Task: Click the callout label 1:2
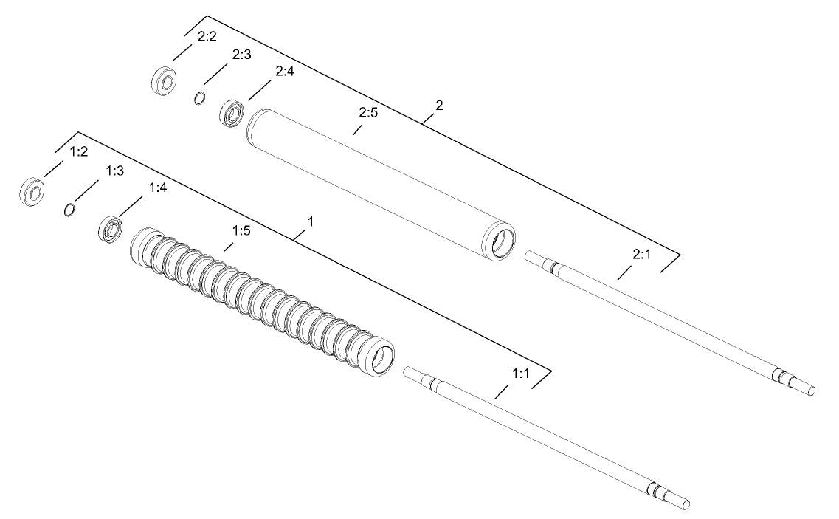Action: (79, 151)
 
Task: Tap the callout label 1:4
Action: (158, 188)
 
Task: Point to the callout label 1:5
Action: (242, 231)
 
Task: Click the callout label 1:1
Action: (521, 374)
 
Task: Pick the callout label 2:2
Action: (207, 38)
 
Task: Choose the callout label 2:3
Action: (242, 55)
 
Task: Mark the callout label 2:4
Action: (285, 72)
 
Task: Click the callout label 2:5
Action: (368, 114)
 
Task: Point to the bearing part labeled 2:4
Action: (233, 113)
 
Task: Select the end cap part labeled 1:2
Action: (32, 193)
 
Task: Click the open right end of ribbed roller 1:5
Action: (382, 360)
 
